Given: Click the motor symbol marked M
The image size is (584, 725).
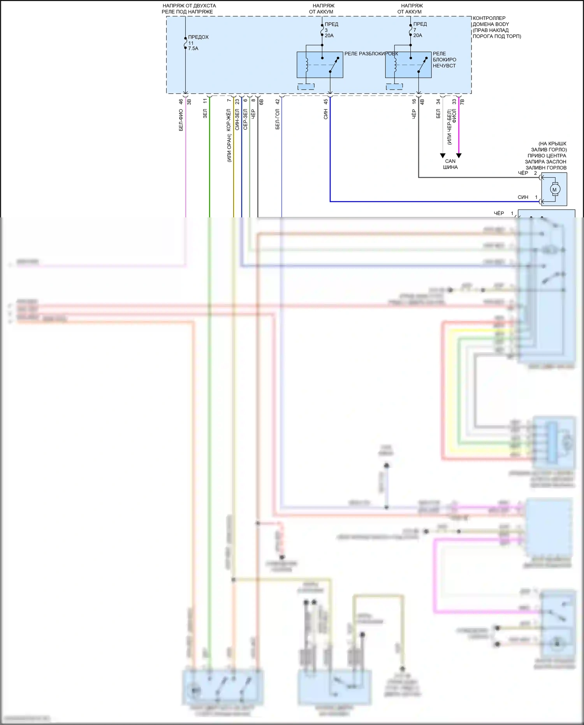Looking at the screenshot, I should [554, 190].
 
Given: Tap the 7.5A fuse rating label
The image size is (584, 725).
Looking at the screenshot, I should [193, 49].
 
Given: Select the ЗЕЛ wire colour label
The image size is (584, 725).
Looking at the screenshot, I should [205, 114].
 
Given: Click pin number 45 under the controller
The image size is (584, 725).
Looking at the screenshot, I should [325, 102].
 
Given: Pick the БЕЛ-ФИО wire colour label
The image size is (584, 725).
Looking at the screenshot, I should [181, 120].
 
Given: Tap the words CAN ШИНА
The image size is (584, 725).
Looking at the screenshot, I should [450, 164].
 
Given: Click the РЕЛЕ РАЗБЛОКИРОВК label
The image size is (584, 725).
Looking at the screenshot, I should [371, 54].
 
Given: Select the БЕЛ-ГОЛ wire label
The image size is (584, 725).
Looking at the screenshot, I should [277, 119].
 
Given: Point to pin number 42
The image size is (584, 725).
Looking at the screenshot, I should [277, 102].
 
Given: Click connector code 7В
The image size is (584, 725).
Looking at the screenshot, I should [462, 102].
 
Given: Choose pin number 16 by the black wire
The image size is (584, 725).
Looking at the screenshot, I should [414, 101].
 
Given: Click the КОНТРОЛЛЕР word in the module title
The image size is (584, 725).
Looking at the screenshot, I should [489, 18].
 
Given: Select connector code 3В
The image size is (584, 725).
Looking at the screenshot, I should [189, 102].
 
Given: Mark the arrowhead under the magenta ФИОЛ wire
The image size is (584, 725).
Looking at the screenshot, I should [459, 156].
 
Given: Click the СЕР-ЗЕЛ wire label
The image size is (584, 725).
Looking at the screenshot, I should [245, 119].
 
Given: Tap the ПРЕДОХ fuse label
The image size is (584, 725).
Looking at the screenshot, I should [198, 37].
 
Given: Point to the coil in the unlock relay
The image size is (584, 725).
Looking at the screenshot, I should [306, 65].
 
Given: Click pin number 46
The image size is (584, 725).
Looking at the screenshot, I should [181, 102].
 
